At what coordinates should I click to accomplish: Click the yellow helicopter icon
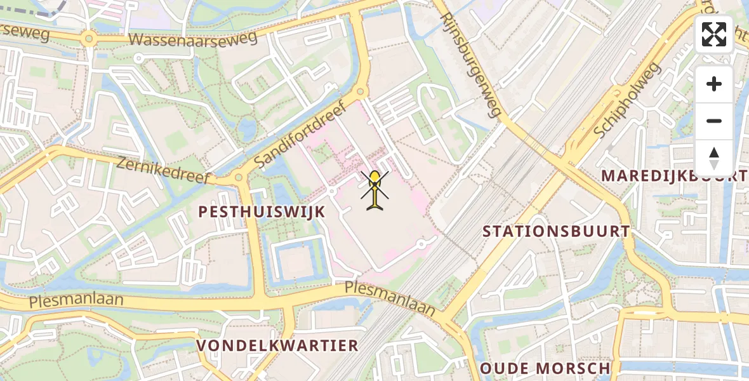coord(375,189)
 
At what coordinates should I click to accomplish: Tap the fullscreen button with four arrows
coord(714,34)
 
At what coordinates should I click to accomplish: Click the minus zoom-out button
coord(714,121)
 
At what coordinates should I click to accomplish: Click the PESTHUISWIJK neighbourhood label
coord(262,212)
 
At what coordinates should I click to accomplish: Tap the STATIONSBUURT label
coord(556,231)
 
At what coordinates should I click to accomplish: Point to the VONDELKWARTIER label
coord(277,346)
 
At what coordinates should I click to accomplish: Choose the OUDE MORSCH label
coord(545,368)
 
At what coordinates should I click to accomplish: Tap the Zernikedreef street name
coord(162,171)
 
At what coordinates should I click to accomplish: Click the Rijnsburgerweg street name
coord(470,64)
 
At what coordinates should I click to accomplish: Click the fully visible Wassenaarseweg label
coord(193,39)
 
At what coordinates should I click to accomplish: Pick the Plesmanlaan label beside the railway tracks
coord(390,298)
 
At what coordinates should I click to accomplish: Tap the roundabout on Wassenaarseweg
coord(88,39)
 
